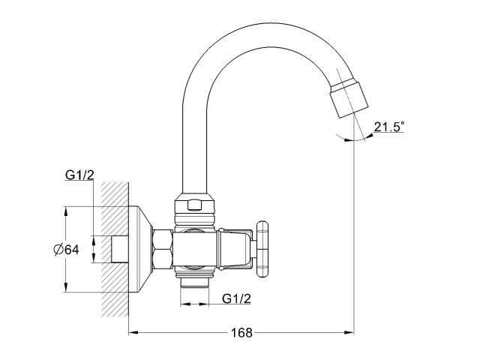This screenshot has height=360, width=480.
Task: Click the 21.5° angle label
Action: (388, 128)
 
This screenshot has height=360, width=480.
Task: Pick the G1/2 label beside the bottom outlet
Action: (237, 299)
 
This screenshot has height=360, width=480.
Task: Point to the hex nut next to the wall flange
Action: (163, 249)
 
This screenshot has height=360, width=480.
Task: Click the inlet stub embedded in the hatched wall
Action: (118, 249)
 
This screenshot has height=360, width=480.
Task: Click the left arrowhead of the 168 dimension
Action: (133, 330)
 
